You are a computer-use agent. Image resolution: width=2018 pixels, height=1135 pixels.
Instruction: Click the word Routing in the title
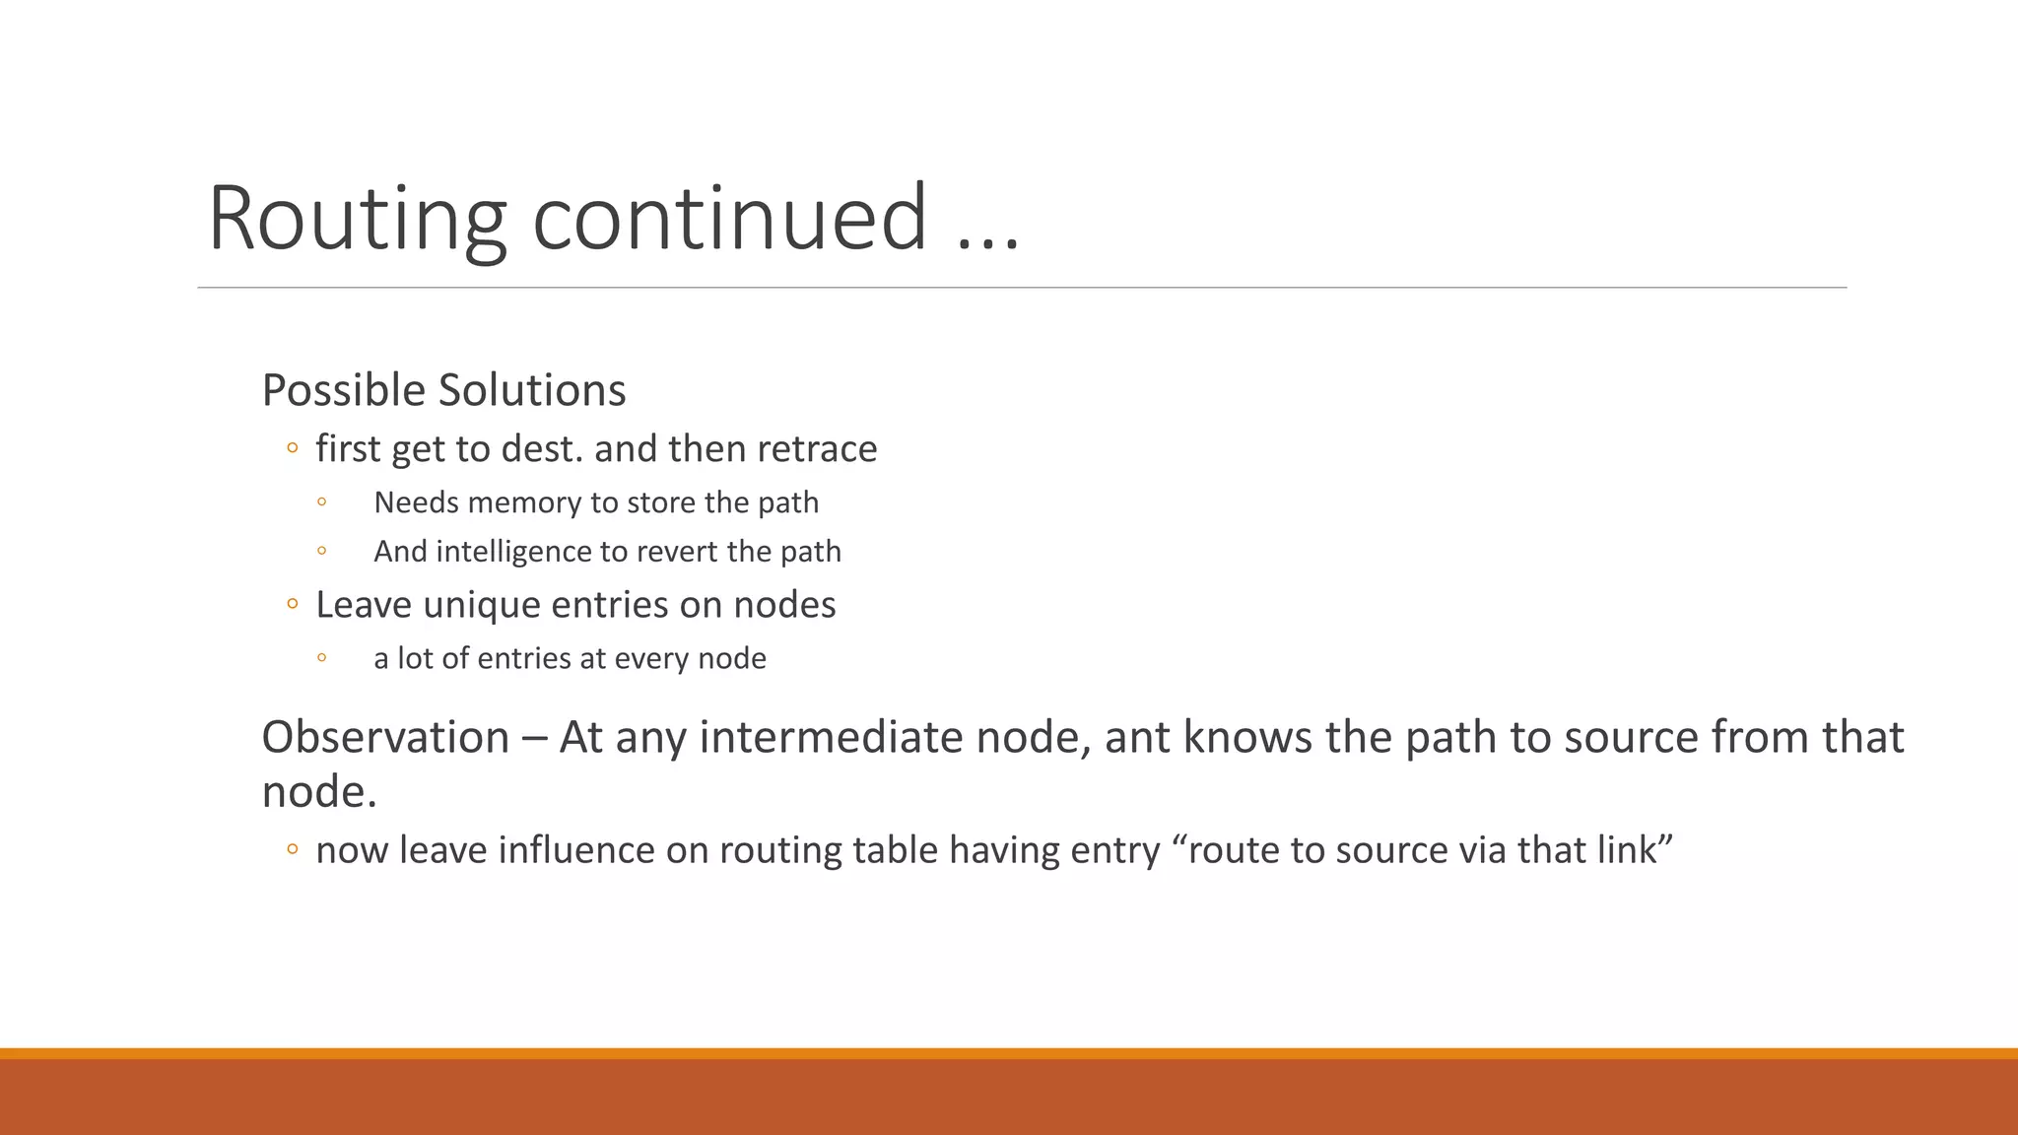(357, 219)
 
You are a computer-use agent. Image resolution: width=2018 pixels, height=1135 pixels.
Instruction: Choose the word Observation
(385, 737)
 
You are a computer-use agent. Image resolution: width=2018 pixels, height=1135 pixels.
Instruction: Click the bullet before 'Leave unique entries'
(292, 605)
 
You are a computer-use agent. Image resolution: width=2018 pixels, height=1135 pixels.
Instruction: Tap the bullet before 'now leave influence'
(292, 850)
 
